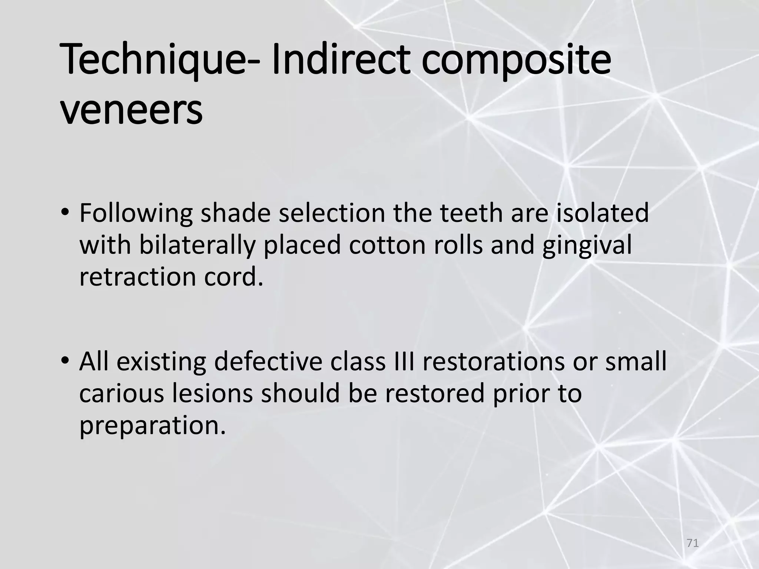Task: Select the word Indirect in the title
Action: coord(341,59)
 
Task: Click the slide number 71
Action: coord(692,543)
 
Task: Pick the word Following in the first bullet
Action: coord(136,214)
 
